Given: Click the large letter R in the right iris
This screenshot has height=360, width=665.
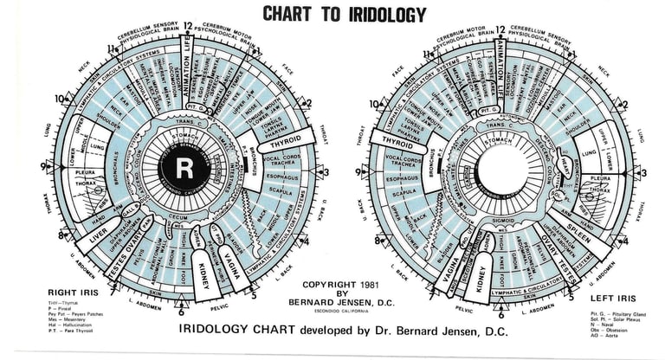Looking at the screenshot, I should coord(184,166).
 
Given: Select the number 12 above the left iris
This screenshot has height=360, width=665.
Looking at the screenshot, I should coord(500,31).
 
